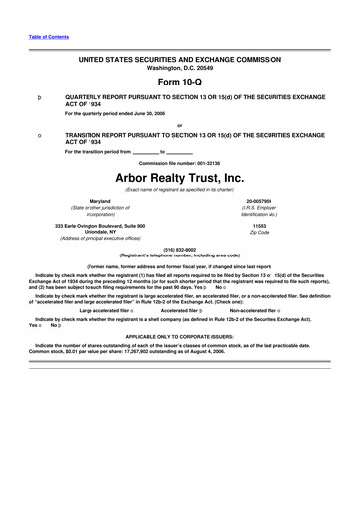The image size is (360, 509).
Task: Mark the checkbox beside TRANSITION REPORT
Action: (38, 134)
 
